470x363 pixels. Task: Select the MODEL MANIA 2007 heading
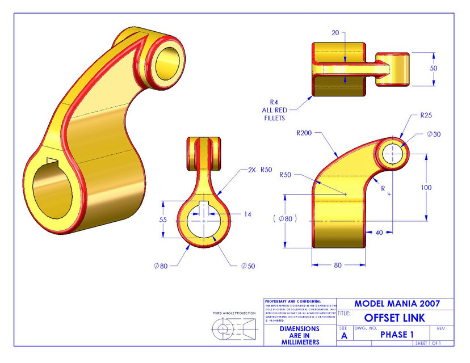[395, 303]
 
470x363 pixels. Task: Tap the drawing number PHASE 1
[393, 335]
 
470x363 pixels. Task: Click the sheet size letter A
[344, 335]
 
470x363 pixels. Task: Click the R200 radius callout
[307, 134]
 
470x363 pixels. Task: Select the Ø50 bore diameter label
[249, 266]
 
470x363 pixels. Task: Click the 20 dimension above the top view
[335, 33]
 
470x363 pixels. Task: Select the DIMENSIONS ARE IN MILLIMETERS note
[300, 335]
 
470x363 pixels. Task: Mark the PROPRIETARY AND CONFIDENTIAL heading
[292, 301]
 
